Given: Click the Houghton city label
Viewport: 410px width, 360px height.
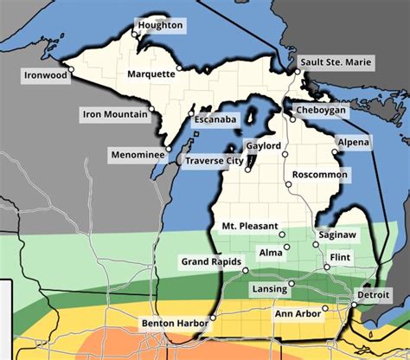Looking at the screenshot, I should pyautogui.click(x=160, y=26).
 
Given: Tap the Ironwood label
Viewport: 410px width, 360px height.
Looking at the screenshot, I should pyautogui.click(x=45, y=76).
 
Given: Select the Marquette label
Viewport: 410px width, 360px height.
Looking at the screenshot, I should pyautogui.click(x=151, y=74).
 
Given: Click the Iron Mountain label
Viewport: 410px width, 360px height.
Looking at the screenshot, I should pyautogui.click(x=114, y=113).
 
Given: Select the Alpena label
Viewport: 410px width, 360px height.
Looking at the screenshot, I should pyautogui.click(x=354, y=142).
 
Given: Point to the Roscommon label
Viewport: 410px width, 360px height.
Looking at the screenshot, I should pyautogui.click(x=320, y=175).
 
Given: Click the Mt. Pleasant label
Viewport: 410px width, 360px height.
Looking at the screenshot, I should pyautogui.click(x=248, y=226).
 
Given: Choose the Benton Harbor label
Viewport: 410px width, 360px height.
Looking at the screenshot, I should pyautogui.click(x=174, y=325).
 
